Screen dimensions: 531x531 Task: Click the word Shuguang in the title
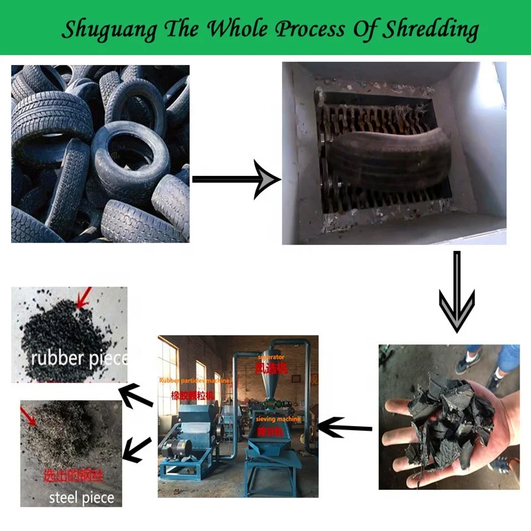tap(108, 29)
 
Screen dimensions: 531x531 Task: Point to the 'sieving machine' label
tap(278, 419)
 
